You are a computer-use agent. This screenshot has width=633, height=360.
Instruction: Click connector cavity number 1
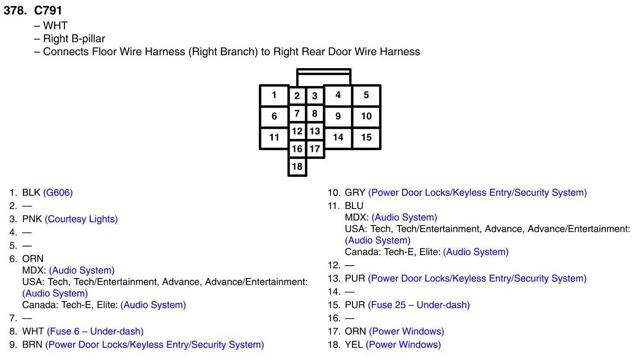point(274,95)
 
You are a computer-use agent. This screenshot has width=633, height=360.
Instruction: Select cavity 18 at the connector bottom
point(297,167)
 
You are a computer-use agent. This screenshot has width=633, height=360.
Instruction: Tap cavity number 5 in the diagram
point(366,95)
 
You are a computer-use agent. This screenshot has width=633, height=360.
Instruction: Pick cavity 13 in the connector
point(315,131)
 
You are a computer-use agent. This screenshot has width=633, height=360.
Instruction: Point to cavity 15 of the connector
point(366,137)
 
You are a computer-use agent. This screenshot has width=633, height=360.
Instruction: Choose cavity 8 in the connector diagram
point(315,113)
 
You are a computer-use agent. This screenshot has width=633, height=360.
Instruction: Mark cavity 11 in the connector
point(274,137)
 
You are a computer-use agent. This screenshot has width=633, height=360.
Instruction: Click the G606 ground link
point(58,193)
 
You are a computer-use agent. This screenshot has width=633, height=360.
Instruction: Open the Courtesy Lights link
point(81,219)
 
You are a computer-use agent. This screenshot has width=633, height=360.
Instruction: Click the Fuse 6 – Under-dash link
point(95,331)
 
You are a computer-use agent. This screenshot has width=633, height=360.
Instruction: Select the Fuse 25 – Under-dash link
point(419,305)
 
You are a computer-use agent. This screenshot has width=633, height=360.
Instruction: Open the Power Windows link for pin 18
point(403,345)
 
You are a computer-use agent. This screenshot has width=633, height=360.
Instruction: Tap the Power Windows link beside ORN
point(406,331)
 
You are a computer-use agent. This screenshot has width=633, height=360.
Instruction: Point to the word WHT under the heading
point(55,26)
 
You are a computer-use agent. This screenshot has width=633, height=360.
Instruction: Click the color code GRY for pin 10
point(355,193)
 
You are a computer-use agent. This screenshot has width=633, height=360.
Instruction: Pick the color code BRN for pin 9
point(32,345)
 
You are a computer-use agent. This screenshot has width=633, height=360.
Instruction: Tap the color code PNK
point(32,219)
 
